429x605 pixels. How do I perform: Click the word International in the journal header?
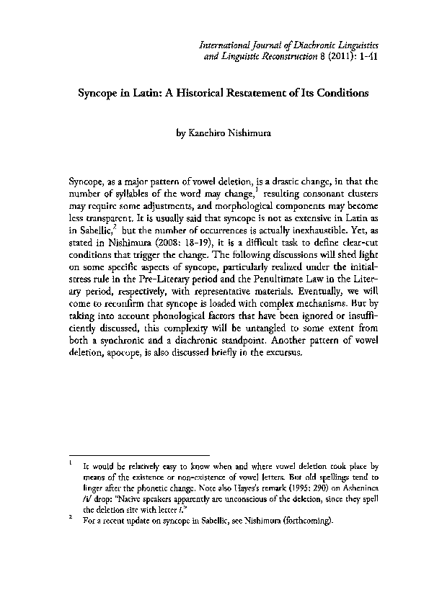coord(225,46)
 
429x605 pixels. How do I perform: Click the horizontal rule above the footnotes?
coord(138,455)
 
